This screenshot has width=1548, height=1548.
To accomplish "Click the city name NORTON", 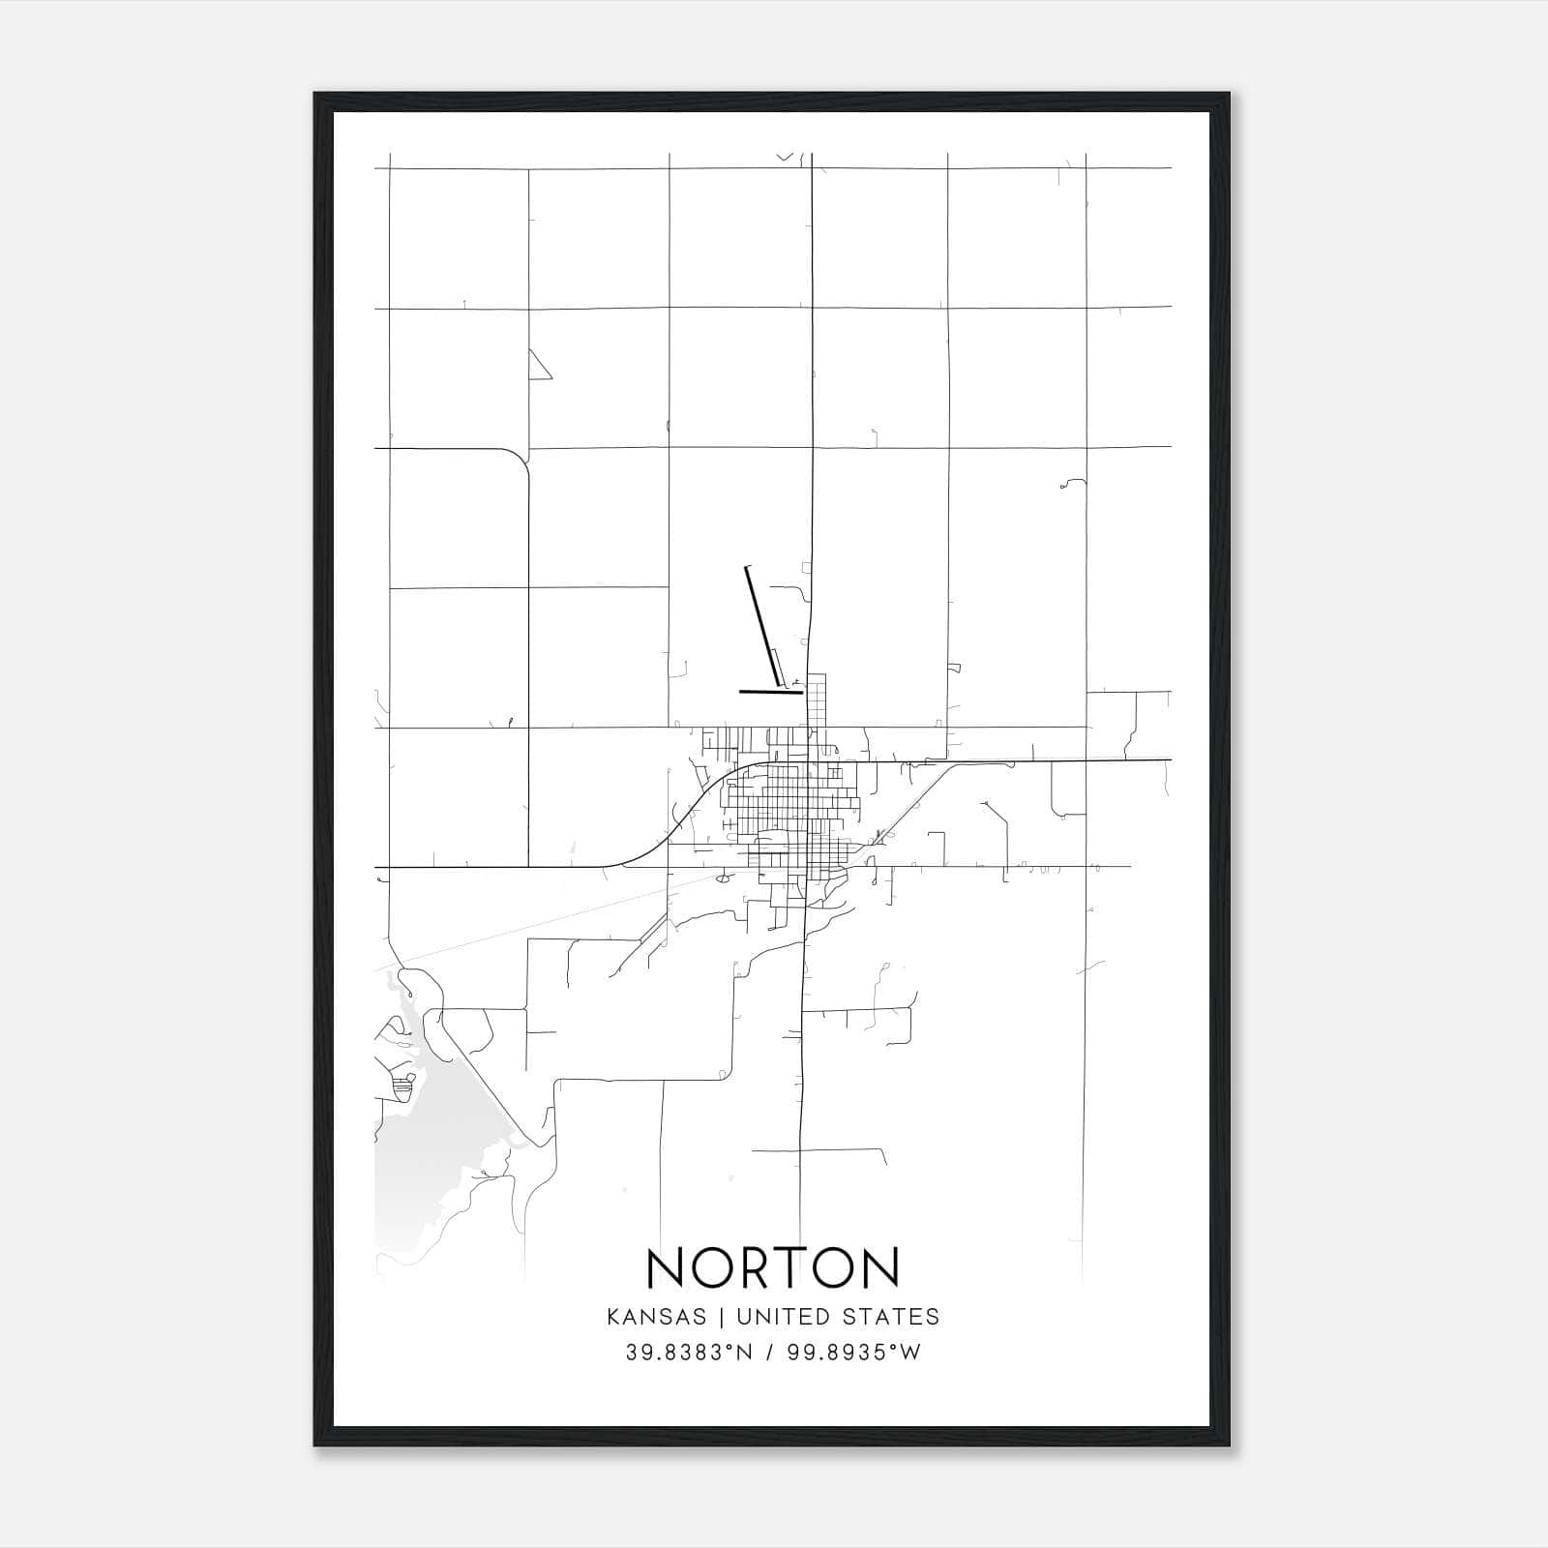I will point(773,1268).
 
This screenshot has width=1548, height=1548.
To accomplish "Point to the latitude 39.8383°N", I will point(688,1353).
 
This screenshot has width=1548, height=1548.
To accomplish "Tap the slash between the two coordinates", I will point(769,1353).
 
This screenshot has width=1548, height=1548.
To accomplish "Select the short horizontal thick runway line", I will point(770,692).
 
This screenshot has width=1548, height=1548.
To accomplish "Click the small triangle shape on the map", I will point(537,367).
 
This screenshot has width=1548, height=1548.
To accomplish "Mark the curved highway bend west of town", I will point(677,822).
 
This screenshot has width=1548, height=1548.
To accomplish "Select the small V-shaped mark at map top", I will point(785,156).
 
